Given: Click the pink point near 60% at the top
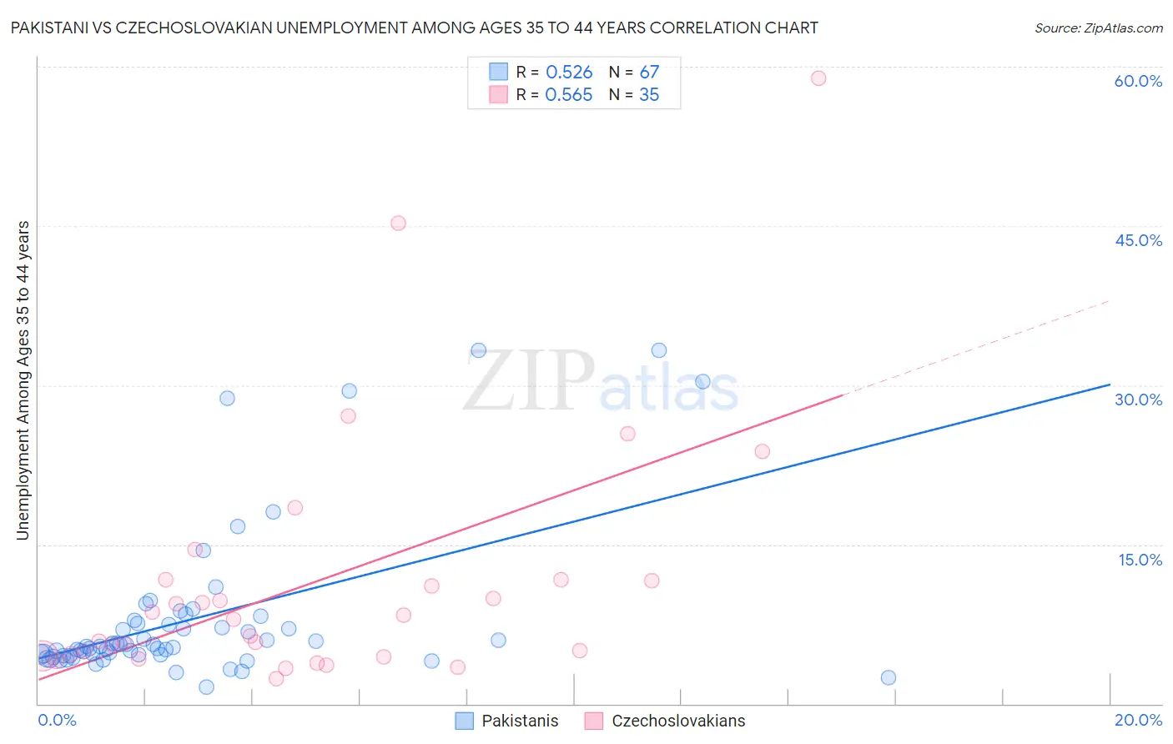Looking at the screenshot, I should coord(818,78).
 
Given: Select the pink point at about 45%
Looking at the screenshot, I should coord(398,224).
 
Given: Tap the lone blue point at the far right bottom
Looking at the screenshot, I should coord(889,678).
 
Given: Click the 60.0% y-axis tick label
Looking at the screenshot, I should coord(1138,81).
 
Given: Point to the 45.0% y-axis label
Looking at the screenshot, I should coord(1138,240).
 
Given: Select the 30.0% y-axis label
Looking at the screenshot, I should coord(1138,400).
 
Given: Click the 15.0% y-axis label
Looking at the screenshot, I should coord(1140,560).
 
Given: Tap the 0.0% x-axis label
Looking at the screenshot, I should coord(57,721).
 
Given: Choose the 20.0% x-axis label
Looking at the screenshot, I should coord(1138,721).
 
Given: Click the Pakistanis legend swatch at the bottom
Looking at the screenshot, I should coord(465,721).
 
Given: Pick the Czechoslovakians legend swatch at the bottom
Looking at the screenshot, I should coord(594,721).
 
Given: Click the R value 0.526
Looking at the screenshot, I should coord(569,73).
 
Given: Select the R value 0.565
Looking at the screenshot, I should coord(569,95).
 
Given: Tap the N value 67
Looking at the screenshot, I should coord(649,73).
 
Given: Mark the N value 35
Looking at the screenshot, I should coord(649,95).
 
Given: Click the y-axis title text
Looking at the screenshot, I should coord(23,380).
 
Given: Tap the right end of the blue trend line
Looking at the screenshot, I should coord(1109,385).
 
